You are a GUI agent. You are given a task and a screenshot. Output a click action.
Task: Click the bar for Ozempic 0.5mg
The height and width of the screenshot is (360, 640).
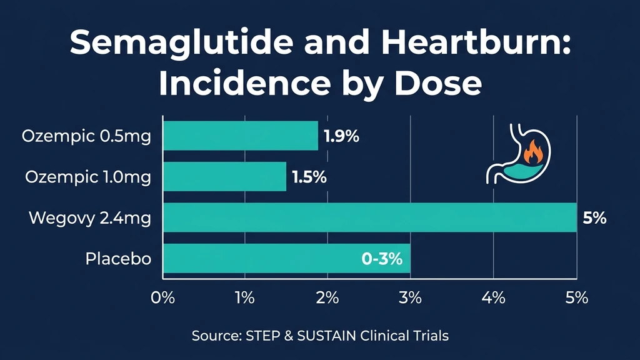click(241, 136)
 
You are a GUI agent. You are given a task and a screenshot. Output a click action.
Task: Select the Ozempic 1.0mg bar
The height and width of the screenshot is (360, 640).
click(225, 176)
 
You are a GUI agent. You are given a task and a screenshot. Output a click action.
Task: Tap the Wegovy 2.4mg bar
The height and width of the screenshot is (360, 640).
click(369, 217)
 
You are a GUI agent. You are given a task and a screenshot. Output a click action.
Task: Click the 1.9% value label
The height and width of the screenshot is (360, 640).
click(341, 136)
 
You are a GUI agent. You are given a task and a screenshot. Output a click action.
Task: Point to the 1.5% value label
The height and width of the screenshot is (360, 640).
click(309, 177)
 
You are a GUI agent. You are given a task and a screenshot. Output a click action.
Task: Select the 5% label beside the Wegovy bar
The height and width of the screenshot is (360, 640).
click(594, 218)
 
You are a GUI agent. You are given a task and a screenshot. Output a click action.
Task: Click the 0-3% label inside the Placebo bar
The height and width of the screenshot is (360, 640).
click(382, 259)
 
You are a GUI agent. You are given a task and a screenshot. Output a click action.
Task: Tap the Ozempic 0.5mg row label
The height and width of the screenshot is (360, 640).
click(86, 136)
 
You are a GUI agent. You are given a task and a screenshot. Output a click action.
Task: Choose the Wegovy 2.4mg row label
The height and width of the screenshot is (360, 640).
click(90, 218)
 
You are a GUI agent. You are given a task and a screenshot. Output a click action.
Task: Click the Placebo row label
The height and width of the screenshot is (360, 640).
click(118, 259)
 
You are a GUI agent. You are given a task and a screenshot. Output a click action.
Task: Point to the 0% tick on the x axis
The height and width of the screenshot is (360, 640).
click(162, 297)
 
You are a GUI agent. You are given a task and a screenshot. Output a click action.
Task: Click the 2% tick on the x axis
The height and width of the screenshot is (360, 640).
click(327, 297)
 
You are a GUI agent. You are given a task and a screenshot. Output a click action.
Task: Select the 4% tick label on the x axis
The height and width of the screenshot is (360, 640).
click(493, 297)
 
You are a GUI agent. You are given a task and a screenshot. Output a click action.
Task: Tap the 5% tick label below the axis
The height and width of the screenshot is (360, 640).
click(576, 297)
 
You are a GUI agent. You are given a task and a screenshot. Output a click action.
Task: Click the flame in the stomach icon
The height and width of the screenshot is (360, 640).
click(532, 152)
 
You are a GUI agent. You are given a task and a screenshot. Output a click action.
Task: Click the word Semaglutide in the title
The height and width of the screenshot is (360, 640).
click(172, 45)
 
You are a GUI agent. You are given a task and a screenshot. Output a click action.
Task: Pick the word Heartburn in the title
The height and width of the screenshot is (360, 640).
click(466, 45)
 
